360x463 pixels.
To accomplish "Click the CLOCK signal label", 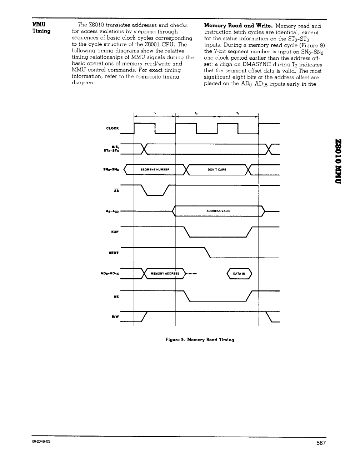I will point(112,128).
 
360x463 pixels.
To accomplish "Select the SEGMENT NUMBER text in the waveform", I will point(155,169).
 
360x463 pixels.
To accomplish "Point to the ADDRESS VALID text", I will point(218,211).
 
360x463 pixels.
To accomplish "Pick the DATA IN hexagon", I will point(239,274).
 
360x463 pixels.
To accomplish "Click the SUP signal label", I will point(115,233).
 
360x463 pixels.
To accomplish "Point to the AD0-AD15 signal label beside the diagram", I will point(111,274).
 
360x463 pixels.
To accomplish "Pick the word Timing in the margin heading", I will point(41,31).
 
